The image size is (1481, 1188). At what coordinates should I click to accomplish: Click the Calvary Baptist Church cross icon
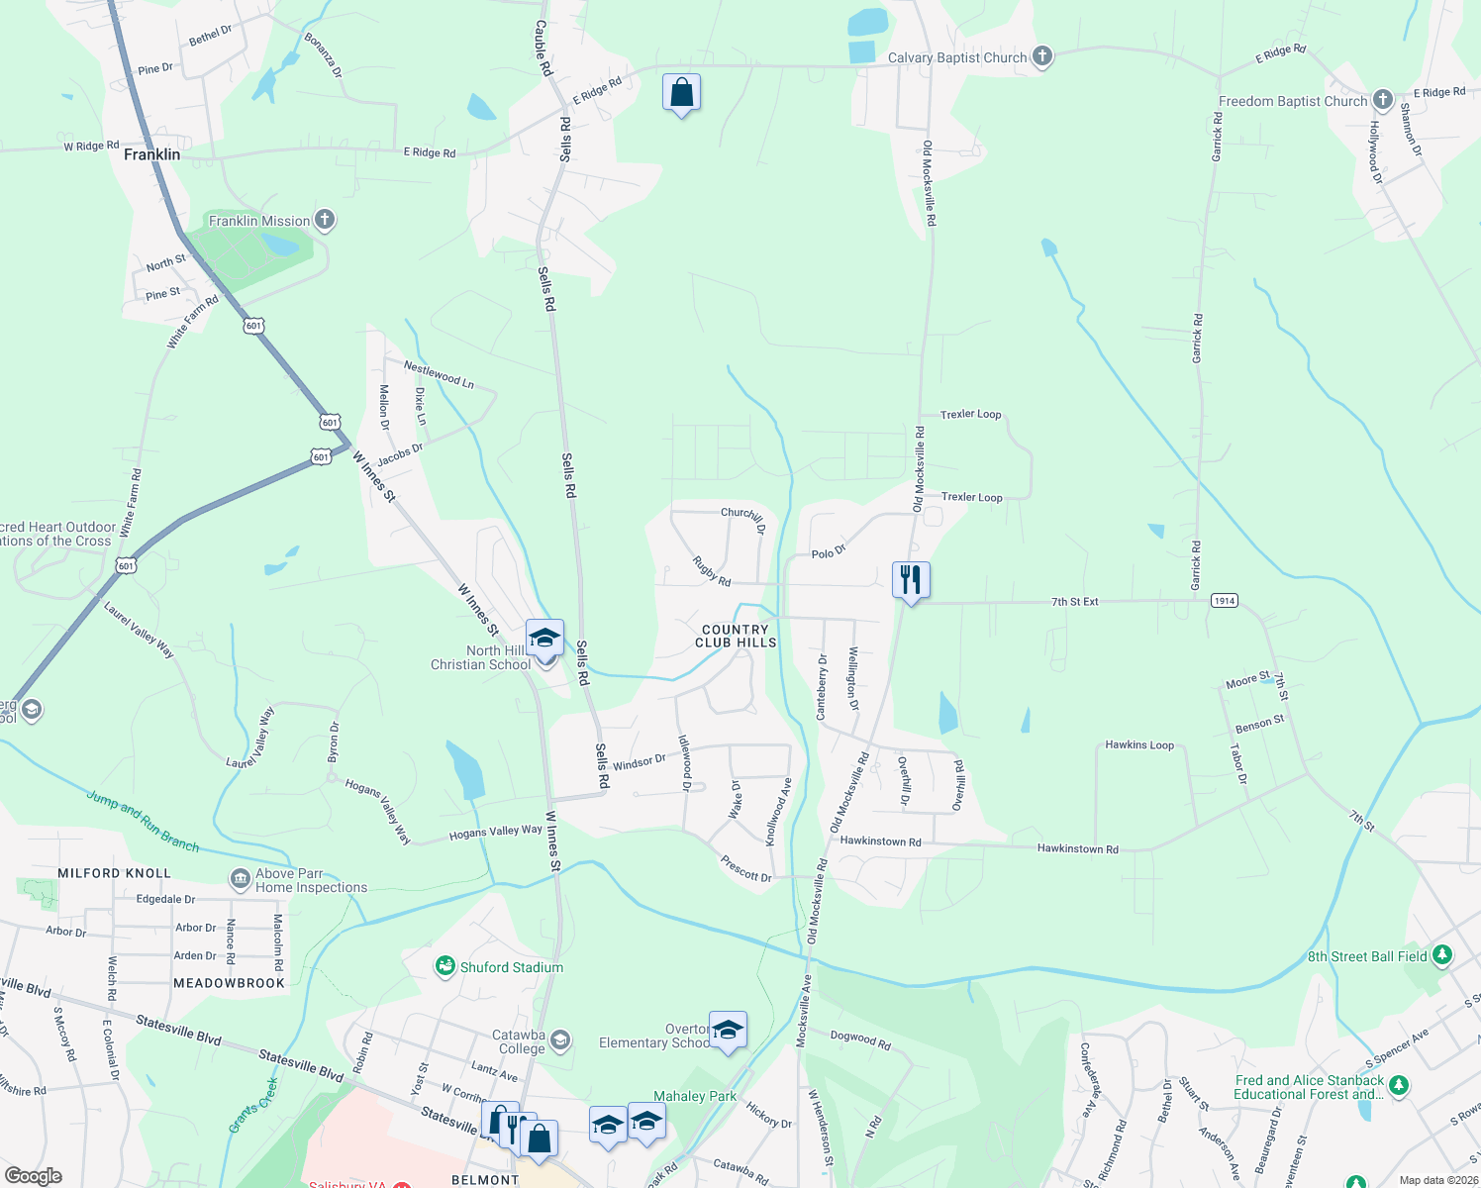click(1041, 56)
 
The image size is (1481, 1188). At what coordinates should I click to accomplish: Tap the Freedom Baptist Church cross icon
click(1382, 100)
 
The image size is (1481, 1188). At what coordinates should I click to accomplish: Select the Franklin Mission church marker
click(324, 220)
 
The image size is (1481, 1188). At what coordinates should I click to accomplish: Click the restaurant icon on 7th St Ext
click(911, 579)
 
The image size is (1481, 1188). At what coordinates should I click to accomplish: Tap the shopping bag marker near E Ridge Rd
click(681, 93)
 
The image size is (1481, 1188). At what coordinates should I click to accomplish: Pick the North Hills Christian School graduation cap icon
click(544, 638)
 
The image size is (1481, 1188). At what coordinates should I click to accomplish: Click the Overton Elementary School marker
click(728, 1031)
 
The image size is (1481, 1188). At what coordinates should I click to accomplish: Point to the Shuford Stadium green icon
click(445, 966)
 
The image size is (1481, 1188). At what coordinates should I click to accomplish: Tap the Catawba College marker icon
click(560, 1039)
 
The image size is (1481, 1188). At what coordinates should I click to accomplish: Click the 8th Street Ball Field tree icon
click(1442, 955)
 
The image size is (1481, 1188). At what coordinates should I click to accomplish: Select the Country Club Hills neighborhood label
click(736, 636)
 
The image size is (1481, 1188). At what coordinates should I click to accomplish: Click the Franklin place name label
click(151, 154)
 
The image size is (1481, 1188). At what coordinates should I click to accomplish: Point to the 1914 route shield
click(1225, 601)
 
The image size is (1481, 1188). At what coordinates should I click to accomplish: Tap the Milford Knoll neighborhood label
click(114, 873)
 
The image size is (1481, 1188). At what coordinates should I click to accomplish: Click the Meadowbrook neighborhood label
click(229, 983)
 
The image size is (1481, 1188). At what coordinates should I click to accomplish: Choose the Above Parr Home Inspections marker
click(240, 878)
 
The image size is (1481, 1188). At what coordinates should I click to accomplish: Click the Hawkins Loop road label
click(1139, 744)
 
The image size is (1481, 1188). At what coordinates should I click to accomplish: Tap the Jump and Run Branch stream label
click(143, 821)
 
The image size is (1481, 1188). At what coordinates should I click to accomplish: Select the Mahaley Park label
click(695, 1096)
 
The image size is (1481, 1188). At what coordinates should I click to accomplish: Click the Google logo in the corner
click(34, 1176)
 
